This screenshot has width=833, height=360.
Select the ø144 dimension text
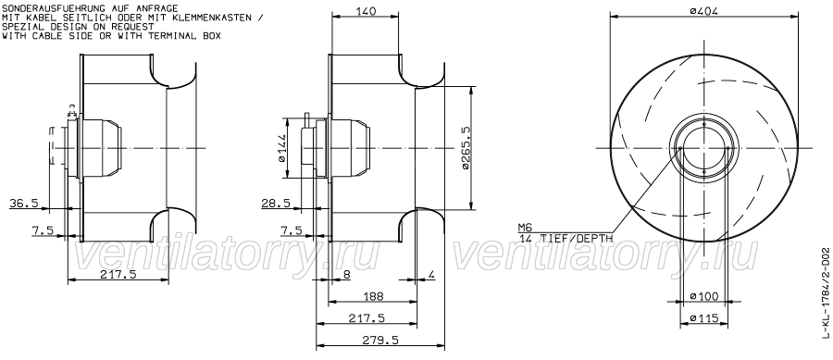pos(281,148)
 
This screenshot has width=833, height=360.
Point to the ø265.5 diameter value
pos(466,148)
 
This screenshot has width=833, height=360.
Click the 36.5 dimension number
pos(24,203)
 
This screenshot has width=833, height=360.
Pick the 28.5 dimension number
pos(276,203)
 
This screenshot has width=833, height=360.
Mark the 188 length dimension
pos(372,296)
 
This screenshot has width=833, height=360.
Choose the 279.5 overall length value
pos(380,340)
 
